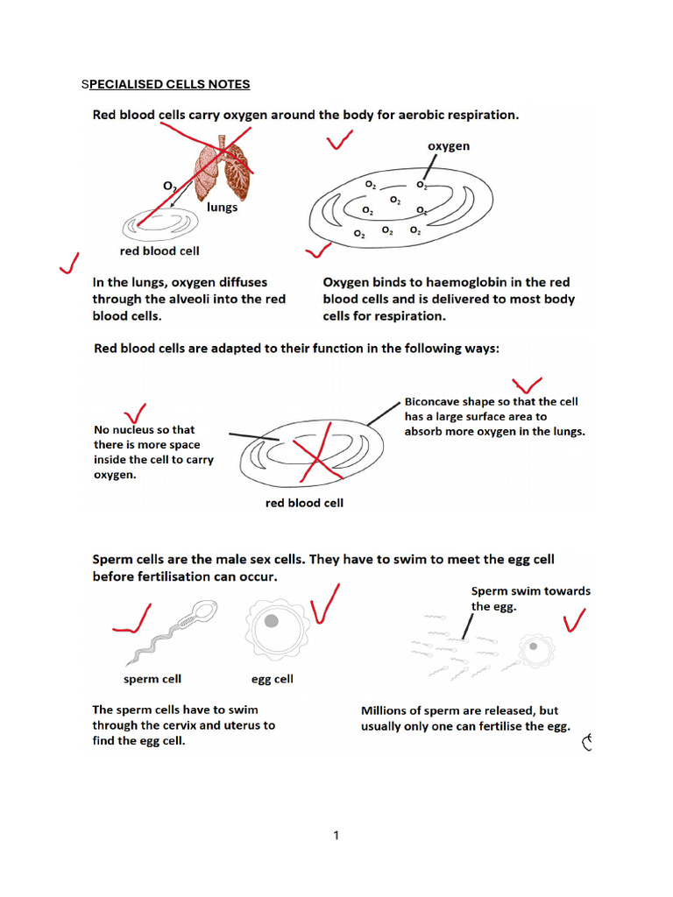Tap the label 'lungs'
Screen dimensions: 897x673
222,208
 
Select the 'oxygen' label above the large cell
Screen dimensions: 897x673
448,146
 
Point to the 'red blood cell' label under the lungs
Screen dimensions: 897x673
159,251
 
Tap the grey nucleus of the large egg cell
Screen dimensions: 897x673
272,621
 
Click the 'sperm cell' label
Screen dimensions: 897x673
152,679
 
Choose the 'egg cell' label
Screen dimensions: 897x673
272,679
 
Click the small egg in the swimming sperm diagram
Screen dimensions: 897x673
534,651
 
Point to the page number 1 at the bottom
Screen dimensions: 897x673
336,836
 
